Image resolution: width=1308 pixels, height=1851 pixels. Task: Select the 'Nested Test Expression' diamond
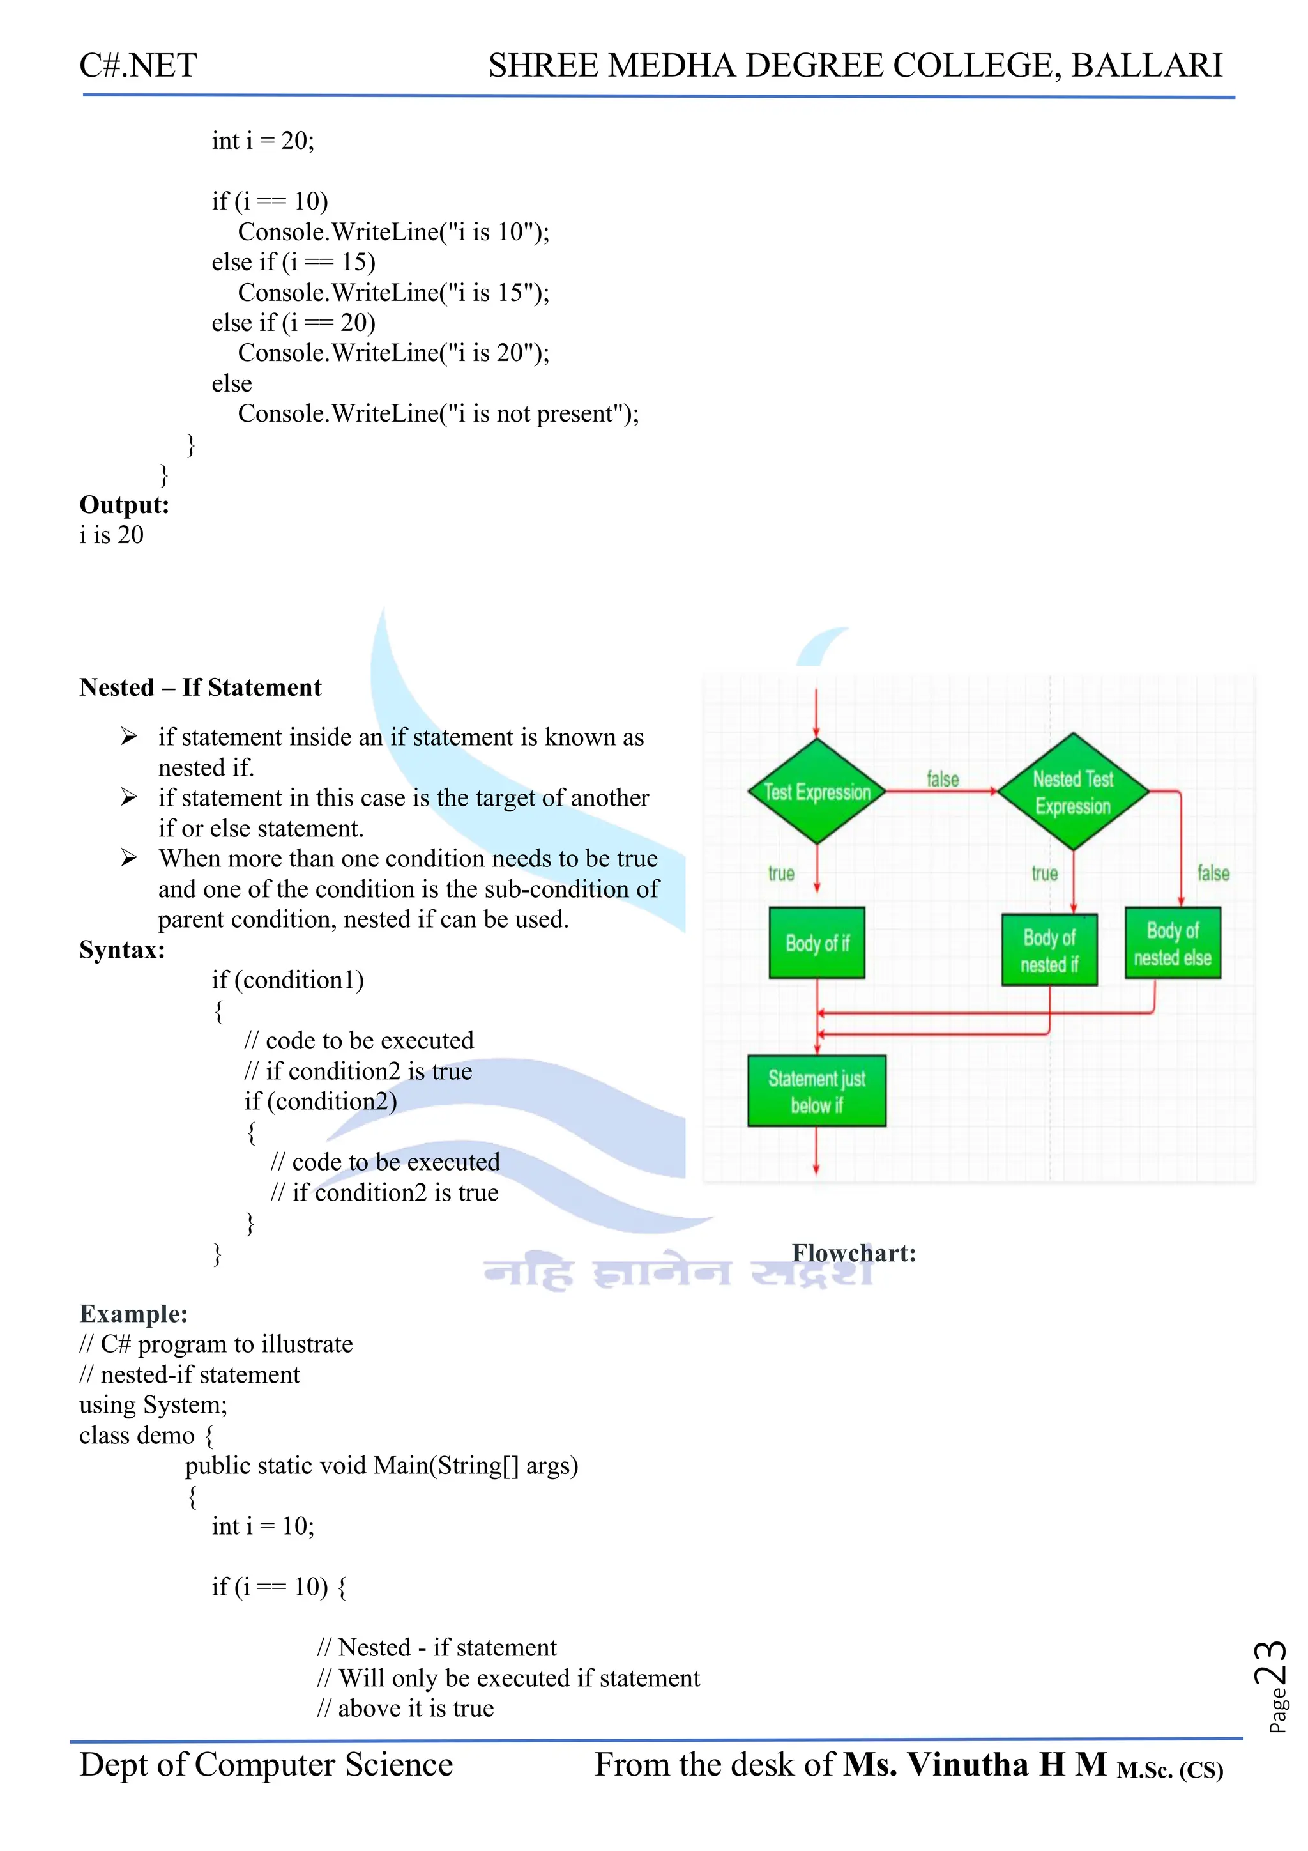(x=1073, y=792)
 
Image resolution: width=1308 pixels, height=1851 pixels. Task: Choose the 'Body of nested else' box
(x=1173, y=943)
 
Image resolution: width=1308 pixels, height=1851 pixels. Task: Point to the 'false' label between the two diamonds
(x=942, y=779)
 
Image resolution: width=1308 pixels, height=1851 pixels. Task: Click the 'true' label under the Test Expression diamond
(x=781, y=873)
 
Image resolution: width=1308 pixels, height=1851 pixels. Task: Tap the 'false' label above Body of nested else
(x=1213, y=872)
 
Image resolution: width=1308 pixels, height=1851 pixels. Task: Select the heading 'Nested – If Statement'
(x=200, y=687)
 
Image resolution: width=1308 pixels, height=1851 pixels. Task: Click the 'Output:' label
(x=124, y=505)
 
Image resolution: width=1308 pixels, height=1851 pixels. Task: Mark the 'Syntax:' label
(x=122, y=949)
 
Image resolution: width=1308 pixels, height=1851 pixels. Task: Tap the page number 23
(x=1270, y=1663)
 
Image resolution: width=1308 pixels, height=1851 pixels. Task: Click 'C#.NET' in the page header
(x=138, y=65)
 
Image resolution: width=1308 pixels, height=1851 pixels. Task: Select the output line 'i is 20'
(x=111, y=535)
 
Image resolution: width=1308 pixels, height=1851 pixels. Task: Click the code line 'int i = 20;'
(x=262, y=141)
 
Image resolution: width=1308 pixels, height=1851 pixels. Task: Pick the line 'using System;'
(x=153, y=1404)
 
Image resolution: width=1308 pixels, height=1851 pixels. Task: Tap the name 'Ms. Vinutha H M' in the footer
(x=975, y=1764)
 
